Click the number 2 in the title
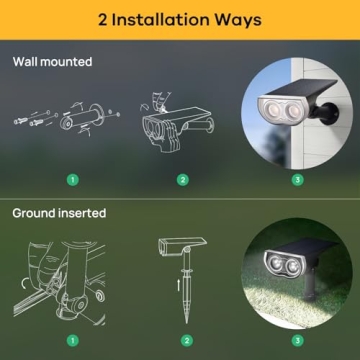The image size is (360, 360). coord(102,19)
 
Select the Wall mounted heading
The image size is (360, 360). coord(52,62)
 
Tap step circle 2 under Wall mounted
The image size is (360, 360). coord(182,181)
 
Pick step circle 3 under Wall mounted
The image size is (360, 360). coord(296,181)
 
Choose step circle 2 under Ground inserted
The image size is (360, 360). coord(186,341)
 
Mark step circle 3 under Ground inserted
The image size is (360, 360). coord(296,341)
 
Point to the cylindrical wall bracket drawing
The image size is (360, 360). coord(82,122)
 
